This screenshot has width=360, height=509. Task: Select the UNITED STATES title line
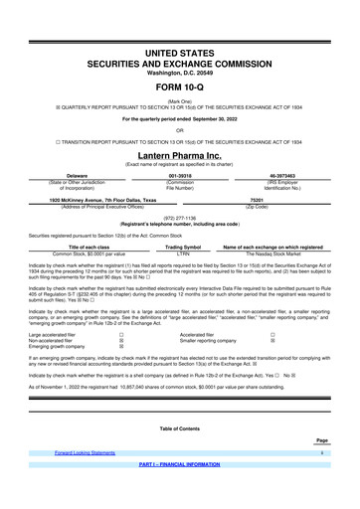(180, 51)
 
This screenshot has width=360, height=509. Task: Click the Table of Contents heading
(179, 428)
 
